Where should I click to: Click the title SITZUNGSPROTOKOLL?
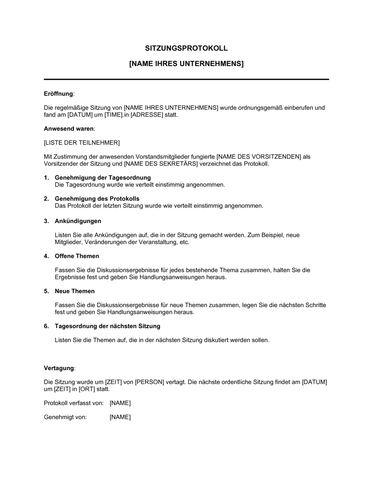coord(186,48)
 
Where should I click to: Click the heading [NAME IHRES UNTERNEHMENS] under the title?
coord(186,64)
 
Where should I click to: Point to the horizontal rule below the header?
coord(186,79)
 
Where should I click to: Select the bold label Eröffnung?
coord(58,94)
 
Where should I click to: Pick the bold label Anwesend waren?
coord(68,129)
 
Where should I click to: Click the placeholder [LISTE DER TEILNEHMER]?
coord(82,142)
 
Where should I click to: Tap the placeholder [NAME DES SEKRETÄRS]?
coord(160,164)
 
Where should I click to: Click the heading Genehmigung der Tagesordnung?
coord(103,177)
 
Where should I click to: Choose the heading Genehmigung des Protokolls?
coord(97,198)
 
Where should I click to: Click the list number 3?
coord(46,221)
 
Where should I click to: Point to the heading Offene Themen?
coord(77,256)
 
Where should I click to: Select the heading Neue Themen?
coord(75,291)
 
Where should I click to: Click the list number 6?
coord(46,326)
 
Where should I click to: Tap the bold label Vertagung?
coord(59,368)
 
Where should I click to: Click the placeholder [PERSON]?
coord(149,382)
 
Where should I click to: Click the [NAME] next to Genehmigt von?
coord(120,417)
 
